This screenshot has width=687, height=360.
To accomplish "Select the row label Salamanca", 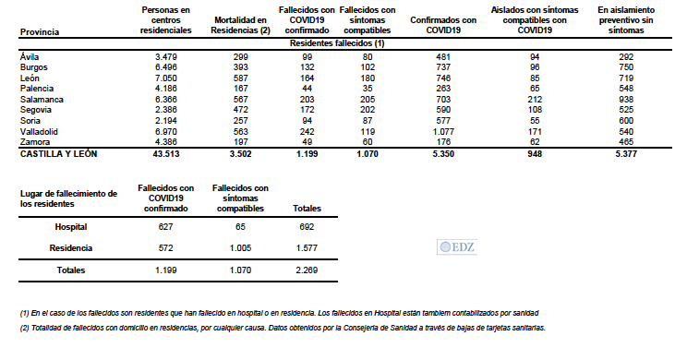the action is pyautogui.click(x=38, y=98).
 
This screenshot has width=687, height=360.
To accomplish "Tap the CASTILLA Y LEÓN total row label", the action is pyautogui.click(x=59, y=156).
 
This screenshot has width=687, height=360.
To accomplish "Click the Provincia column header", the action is pyautogui.click(x=40, y=31).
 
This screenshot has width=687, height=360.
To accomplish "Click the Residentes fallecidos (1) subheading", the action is pyautogui.click(x=337, y=43).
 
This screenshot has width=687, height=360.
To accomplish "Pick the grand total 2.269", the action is pyautogui.click(x=307, y=270).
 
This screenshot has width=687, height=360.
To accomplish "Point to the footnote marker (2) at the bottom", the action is pyautogui.click(x=24, y=328).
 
